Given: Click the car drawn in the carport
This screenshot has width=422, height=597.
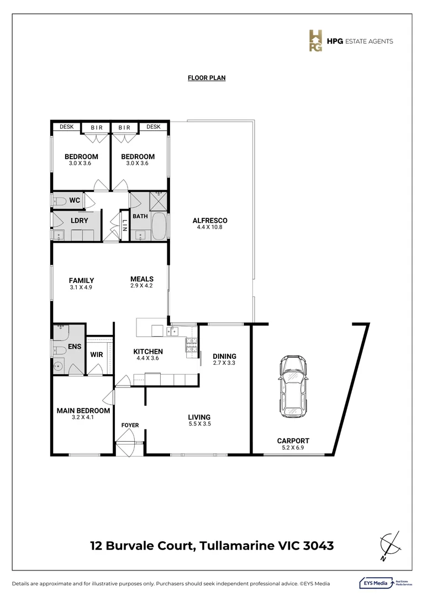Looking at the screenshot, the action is click(x=293, y=386).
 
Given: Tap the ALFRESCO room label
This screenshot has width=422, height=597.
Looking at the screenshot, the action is click(x=210, y=221).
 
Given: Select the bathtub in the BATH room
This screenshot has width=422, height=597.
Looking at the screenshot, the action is click(x=159, y=226).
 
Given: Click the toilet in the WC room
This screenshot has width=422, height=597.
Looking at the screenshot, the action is click(x=59, y=201).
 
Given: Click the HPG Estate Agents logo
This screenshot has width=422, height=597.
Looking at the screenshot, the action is click(x=350, y=41).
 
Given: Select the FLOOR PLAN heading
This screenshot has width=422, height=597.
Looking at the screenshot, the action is click(x=207, y=78).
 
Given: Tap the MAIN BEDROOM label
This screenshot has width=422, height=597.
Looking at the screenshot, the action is click(x=83, y=410).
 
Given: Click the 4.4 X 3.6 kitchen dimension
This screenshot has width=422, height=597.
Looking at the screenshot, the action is click(x=147, y=358).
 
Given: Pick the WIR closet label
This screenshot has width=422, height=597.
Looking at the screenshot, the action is click(x=97, y=354).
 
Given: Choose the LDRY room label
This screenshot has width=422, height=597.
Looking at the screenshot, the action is click(x=79, y=221).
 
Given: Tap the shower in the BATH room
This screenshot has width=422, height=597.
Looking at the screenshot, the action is click(x=159, y=201).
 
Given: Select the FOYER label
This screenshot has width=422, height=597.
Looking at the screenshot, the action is click(x=130, y=425).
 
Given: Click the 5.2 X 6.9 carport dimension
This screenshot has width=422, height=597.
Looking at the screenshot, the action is click(x=293, y=447).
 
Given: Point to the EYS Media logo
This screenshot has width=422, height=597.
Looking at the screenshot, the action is click(x=386, y=583).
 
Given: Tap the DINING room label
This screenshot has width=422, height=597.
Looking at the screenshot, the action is click(x=224, y=357).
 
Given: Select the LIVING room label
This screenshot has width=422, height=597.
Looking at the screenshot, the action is click(x=199, y=417).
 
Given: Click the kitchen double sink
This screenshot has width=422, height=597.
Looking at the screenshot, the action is click(x=172, y=332).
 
